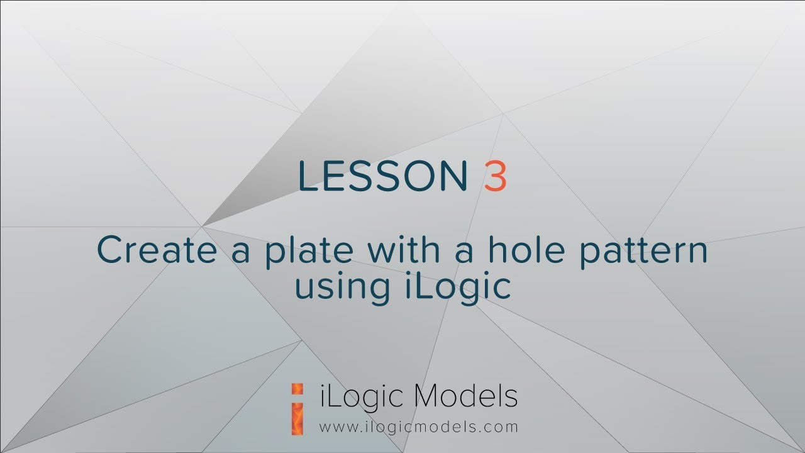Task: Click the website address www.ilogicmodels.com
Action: (419, 427)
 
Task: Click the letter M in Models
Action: (429, 396)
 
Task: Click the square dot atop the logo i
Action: (299, 388)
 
